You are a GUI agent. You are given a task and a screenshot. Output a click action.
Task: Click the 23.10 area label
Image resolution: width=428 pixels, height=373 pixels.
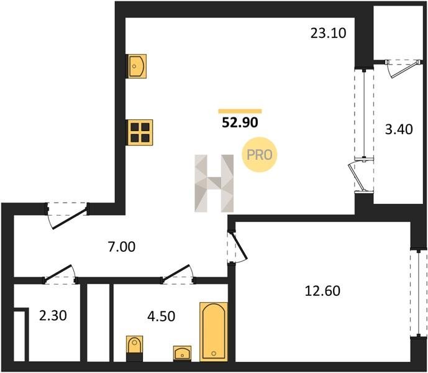[329, 34]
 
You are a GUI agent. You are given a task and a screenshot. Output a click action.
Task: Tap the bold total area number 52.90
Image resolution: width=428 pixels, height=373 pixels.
[240, 122]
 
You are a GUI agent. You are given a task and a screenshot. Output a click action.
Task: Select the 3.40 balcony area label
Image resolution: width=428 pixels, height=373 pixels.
[399, 129]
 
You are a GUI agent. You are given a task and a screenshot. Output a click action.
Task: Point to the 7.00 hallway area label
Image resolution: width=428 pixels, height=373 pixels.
[122, 247]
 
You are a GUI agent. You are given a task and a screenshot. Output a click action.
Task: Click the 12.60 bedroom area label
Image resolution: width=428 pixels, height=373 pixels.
[322, 291]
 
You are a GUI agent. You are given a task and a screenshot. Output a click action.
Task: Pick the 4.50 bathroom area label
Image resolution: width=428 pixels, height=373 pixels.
[162, 316]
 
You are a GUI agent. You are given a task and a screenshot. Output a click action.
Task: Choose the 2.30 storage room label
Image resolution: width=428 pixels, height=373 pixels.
[53, 316]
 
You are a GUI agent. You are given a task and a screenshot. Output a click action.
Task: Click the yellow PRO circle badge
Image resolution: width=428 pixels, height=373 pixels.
[259, 155]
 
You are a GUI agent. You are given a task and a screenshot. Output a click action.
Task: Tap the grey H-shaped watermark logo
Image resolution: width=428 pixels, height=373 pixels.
[214, 183]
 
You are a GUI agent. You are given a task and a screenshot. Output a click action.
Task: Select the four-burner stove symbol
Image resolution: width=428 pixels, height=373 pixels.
[140, 132]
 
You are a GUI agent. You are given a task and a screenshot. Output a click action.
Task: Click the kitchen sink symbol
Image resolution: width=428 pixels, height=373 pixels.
[136, 67]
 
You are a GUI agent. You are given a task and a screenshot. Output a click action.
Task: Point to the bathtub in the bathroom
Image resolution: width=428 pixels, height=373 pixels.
[214, 332]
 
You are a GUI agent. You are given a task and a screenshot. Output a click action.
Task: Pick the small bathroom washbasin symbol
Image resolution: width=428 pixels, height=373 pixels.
[182, 353]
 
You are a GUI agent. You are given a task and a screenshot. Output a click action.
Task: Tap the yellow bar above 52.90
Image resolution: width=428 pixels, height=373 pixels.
[240, 111]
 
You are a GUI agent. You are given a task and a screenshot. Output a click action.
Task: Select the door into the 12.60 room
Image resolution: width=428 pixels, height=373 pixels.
[237, 247]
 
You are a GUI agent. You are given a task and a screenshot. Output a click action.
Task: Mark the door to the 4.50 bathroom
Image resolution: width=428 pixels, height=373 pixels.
[178, 274]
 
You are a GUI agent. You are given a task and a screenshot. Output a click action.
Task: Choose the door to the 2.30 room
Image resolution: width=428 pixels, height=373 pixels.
[60, 274]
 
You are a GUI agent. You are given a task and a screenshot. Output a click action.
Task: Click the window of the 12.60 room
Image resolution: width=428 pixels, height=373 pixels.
[419, 293]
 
